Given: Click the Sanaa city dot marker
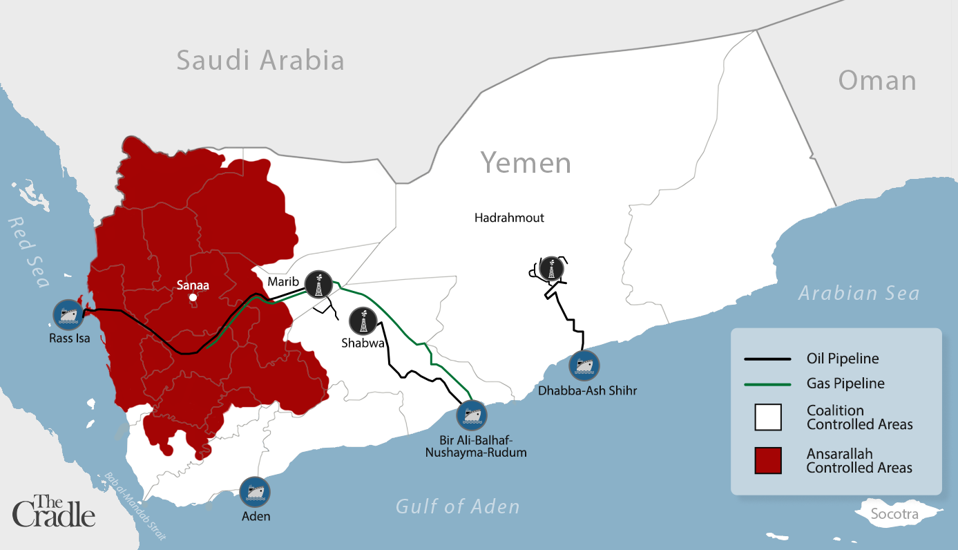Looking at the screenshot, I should (193, 298).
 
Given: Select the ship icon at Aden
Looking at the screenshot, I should (255, 492).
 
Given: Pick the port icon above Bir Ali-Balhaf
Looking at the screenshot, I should (472, 415).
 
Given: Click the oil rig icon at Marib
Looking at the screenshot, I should (318, 284).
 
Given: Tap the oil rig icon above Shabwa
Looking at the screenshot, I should (363, 321).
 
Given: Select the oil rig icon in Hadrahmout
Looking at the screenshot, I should (551, 269).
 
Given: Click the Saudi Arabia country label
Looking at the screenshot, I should (260, 61).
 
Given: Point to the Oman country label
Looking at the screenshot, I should (876, 81).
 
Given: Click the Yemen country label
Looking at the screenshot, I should (526, 163).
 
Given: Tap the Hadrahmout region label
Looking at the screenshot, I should (509, 218).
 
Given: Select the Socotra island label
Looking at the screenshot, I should (894, 515).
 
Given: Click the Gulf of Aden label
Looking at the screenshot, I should (457, 507).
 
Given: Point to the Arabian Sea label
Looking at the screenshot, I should (859, 293).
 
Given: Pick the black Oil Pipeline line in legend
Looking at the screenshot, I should (767, 359).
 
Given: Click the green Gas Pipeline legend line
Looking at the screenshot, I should (767, 383).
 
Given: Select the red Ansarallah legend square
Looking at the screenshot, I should (767, 461).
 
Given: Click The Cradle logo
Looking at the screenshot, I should (53, 511).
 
